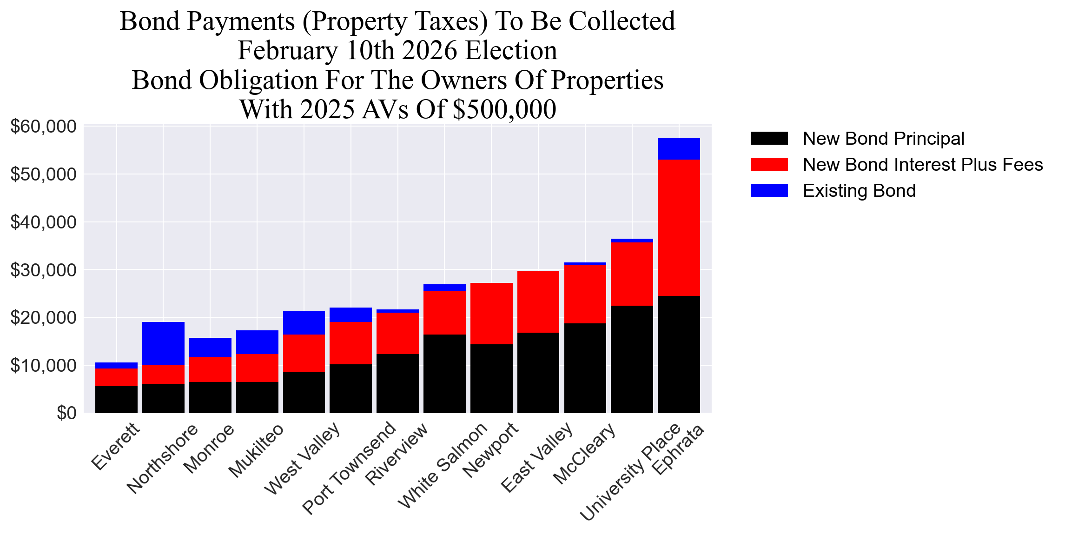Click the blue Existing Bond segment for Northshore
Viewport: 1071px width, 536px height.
(163, 343)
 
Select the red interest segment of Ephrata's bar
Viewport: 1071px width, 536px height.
(679, 228)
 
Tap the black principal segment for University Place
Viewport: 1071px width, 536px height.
(632, 359)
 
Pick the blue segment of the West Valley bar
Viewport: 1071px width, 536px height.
(304, 322)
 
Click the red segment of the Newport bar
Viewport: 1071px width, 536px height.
(491, 313)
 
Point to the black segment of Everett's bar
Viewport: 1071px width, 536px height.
(116, 399)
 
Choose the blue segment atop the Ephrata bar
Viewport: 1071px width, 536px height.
(679, 148)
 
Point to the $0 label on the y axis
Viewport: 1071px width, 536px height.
(66, 413)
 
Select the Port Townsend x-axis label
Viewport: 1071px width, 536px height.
(349, 467)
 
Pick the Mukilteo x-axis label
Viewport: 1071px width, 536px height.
(256, 450)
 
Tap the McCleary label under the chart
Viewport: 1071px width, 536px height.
(584, 454)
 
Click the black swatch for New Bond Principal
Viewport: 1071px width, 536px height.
(769, 139)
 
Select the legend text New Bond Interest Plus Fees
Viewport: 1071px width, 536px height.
(923, 165)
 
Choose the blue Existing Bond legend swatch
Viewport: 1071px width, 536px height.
(769, 191)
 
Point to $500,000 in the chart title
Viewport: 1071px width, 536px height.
(504, 110)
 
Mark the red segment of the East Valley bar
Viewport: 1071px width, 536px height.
(538, 301)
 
